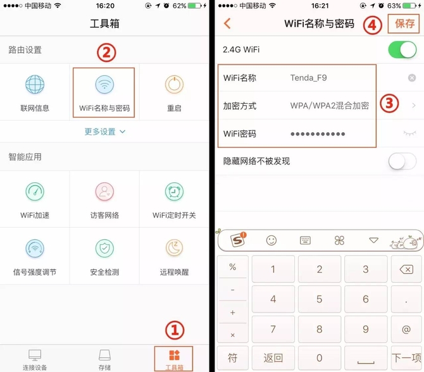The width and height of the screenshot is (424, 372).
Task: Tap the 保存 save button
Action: tap(404, 23)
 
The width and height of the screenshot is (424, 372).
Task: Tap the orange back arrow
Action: tap(227, 23)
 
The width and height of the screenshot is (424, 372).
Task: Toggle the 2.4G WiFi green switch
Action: tap(402, 50)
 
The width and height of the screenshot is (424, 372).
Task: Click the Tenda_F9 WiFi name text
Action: tap(308, 78)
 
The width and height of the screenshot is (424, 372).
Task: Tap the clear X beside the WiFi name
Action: tap(411, 78)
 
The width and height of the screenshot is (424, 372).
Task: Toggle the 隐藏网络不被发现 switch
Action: tap(402, 161)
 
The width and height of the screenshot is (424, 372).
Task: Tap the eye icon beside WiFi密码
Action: tap(409, 133)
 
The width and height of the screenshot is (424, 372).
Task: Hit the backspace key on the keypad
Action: tap(406, 270)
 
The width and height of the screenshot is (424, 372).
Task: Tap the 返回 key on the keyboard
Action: tap(273, 358)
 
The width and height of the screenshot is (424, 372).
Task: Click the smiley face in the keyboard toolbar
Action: tap(271, 240)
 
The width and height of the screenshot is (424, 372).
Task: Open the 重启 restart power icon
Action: tap(175, 85)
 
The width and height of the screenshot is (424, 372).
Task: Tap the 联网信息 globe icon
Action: tap(35, 85)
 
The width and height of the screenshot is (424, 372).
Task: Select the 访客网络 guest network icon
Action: tap(104, 192)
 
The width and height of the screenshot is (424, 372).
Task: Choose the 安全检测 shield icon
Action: tap(104, 248)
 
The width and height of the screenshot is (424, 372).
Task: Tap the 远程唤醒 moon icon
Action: tap(175, 247)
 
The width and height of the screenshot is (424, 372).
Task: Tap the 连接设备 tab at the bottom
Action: tap(35, 359)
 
